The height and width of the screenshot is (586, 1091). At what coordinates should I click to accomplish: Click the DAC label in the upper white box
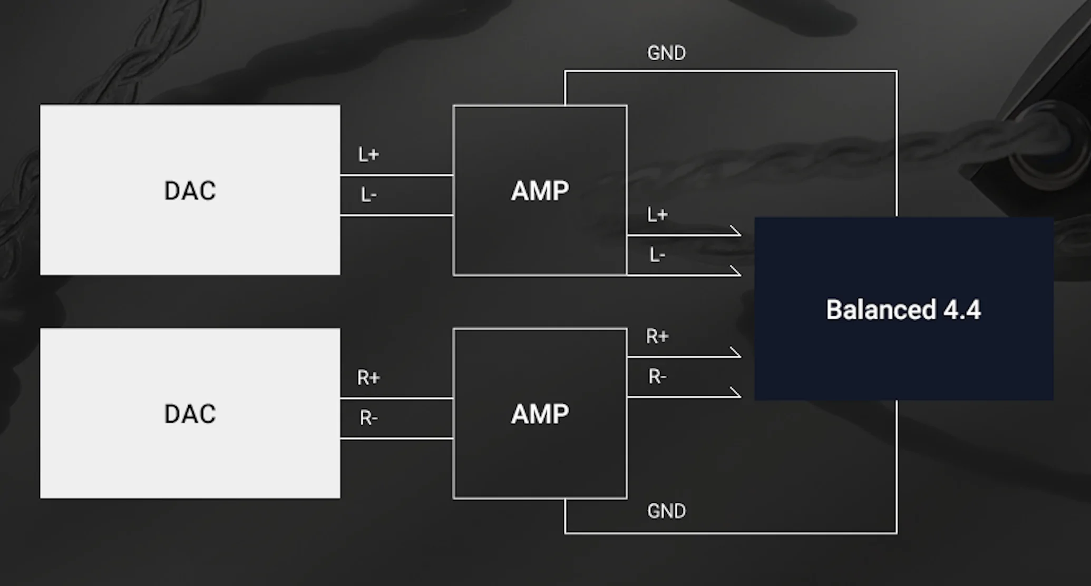click(x=190, y=191)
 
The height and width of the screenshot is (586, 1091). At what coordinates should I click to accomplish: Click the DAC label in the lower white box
click(x=190, y=414)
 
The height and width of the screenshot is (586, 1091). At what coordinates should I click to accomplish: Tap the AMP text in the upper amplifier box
click(x=540, y=191)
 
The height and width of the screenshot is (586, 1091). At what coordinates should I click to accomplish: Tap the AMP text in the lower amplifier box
click(x=540, y=414)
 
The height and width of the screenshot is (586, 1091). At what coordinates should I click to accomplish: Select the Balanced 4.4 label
click(x=903, y=310)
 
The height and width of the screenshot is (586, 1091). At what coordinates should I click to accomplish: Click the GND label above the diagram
click(x=667, y=53)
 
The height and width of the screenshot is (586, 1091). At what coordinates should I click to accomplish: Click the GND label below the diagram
click(x=667, y=511)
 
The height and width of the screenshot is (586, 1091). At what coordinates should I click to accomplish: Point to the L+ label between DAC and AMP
click(x=369, y=154)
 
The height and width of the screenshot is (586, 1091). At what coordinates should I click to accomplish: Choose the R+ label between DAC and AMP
click(x=368, y=378)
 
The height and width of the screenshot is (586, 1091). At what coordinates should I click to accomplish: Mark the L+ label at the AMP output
click(x=658, y=215)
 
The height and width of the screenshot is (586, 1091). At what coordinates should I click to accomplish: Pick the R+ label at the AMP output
click(x=657, y=336)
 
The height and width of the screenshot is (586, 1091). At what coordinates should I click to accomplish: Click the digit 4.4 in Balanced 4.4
click(x=962, y=310)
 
